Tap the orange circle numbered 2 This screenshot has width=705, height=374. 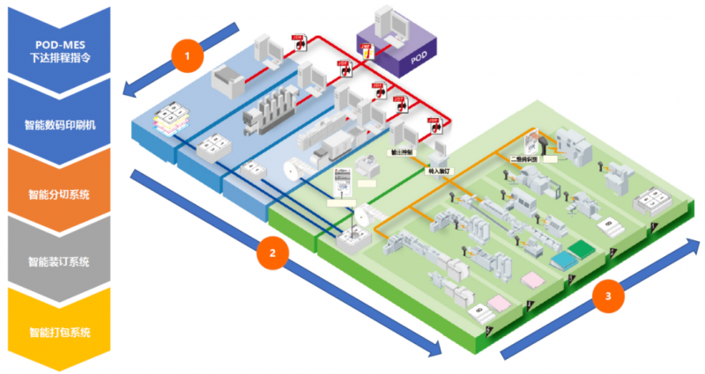pyautogui.click(x=272, y=253)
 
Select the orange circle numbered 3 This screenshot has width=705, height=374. pyautogui.click(x=604, y=297)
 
